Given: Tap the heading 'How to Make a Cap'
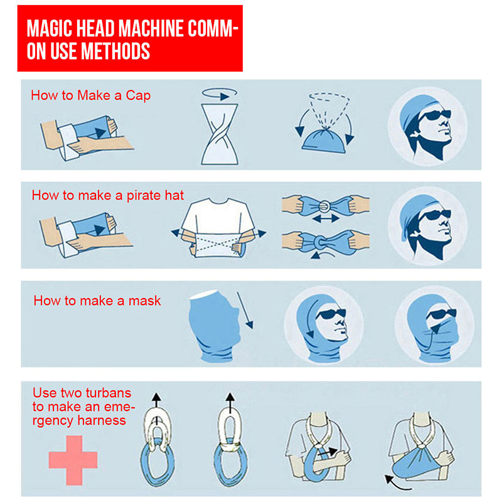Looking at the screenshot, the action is (x=90, y=95).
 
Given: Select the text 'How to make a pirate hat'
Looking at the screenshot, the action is (x=107, y=195).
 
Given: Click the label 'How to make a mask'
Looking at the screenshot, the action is (x=97, y=301).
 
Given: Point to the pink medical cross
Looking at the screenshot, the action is (x=73, y=460).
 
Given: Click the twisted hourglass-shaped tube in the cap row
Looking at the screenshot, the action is (x=220, y=134).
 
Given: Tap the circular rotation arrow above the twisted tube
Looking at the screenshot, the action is (x=220, y=93).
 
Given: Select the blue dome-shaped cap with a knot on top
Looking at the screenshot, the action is (x=324, y=141).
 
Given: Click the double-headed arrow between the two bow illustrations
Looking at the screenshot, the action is (x=326, y=218).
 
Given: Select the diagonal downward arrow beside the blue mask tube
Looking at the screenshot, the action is (x=245, y=310).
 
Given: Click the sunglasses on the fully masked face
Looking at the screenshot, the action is (x=441, y=314).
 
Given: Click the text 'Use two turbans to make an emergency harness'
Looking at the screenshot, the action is (x=83, y=407).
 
